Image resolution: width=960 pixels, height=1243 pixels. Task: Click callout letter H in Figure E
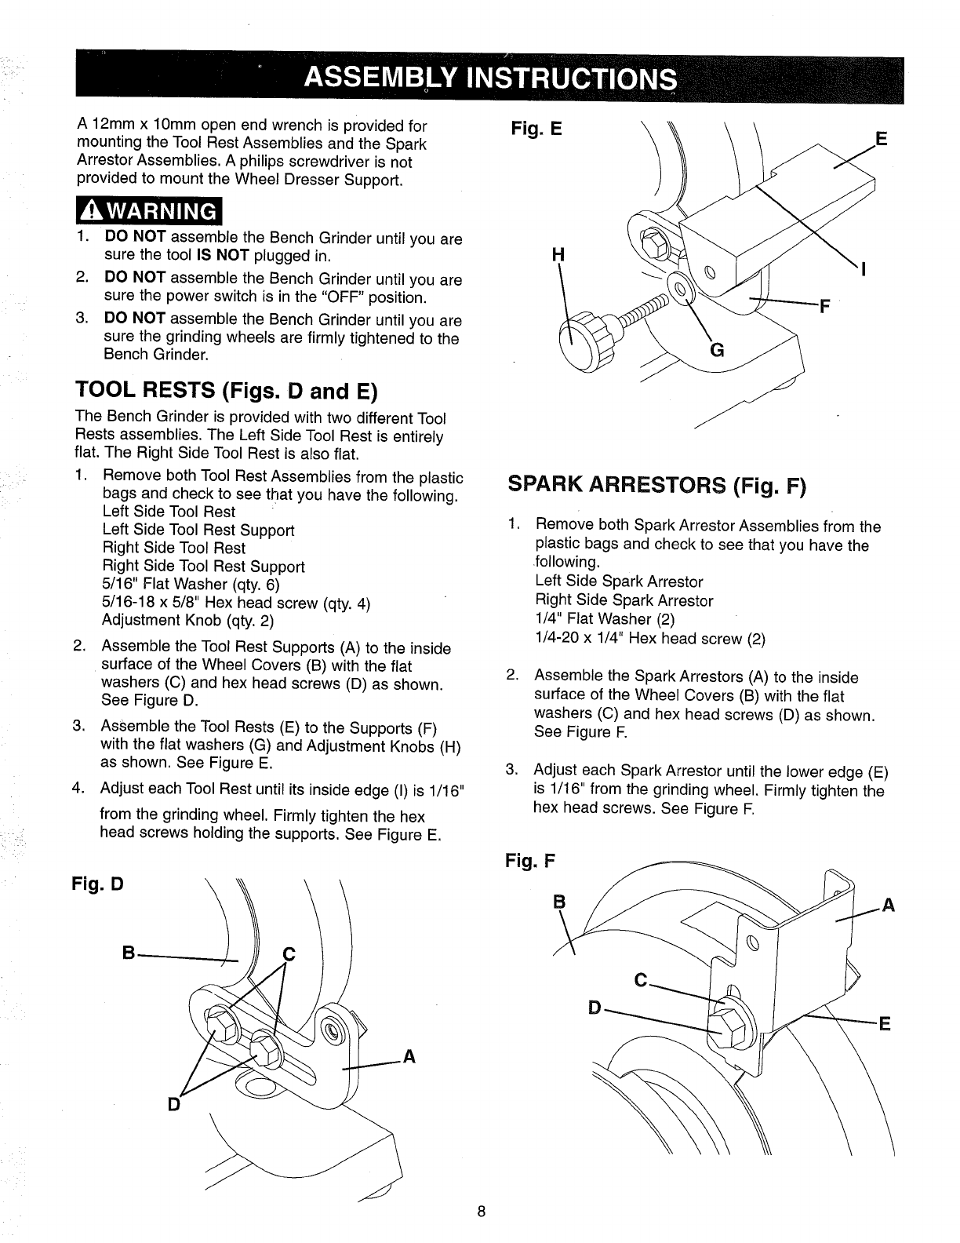[558, 254]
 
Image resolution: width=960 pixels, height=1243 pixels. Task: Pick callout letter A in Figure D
[408, 1057]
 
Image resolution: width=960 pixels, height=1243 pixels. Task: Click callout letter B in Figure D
[127, 953]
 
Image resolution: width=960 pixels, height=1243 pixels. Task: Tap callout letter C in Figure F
[641, 982]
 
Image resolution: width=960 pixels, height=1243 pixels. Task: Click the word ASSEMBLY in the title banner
[380, 79]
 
